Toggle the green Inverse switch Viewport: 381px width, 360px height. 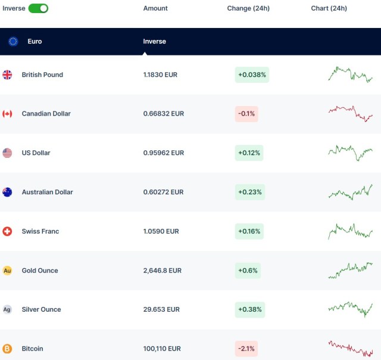(x=38, y=8)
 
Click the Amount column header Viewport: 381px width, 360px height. (x=155, y=8)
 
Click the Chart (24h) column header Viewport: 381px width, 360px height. (x=329, y=8)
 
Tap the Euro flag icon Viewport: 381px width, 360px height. (x=13, y=42)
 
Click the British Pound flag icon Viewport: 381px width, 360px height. (x=7, y=75)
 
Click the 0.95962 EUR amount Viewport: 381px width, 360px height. (x=164, y=153)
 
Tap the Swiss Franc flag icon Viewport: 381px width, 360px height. (x=7, y=231)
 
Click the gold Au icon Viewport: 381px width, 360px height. (x=7, y=271)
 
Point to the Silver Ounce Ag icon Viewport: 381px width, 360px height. (x=7, y=309)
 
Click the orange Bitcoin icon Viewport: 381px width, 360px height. (x=7, y=349)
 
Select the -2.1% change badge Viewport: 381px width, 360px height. (x=246, y=349)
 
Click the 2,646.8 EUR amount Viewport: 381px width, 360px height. (x=163, y=271)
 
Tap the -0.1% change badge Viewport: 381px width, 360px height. (x=246, y=113)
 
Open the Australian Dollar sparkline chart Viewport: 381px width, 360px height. (x=350, y=192)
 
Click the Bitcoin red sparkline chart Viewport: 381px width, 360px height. (x=350, y=348)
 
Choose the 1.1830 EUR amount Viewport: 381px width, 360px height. (x=160, y=75)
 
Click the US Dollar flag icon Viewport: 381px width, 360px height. (x=7, y=153)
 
